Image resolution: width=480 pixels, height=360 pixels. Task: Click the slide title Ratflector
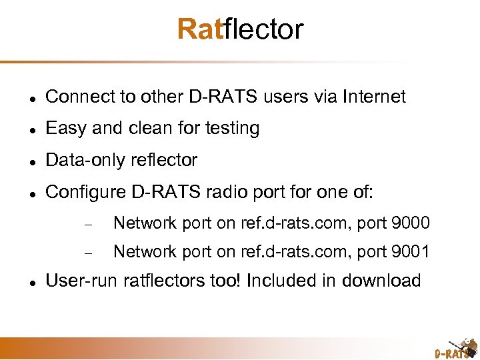click(240, 29)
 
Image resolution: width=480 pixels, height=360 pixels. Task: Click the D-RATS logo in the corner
click(456, 348)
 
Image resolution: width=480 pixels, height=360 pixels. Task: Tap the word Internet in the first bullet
click(374, 97)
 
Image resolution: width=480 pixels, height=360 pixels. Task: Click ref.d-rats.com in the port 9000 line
click(287, 223)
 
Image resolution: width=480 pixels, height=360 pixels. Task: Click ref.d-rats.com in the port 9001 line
click(287, 251)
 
